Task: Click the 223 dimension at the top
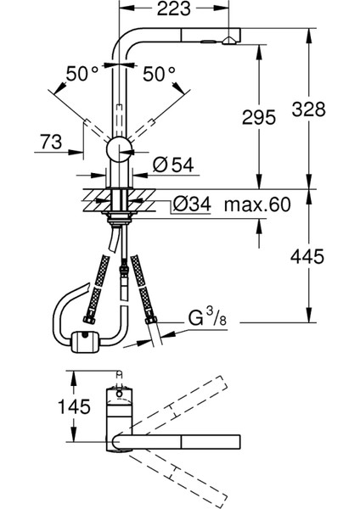tap(174, 8)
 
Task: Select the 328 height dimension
tap(308, 109)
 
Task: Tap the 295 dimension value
tap(259, 118)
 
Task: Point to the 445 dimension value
tap(307, 256)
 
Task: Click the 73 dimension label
tap(51, 142)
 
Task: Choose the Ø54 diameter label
tap(173, 165)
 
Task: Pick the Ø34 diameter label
tap(192, 204)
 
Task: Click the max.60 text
tap(257, 204)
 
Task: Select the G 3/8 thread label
tap(207, 316)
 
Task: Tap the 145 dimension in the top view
tap(74, 406)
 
